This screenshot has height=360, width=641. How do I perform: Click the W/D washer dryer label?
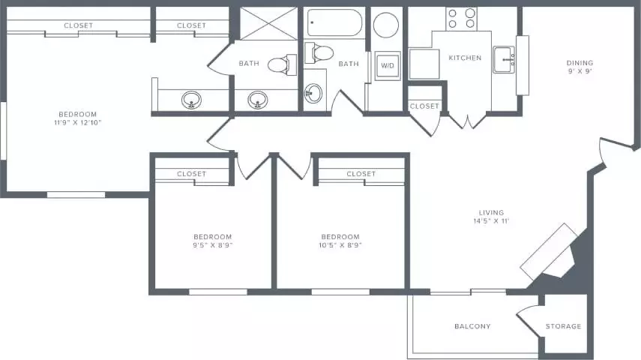pos(388,65)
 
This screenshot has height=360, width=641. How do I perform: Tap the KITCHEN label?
pos(465,58)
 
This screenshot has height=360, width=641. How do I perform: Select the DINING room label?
pos(580,63)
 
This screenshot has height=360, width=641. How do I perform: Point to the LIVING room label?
pos(491,213)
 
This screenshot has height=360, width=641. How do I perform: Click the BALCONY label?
pos(472,326)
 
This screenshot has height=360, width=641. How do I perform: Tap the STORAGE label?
pos(563,326)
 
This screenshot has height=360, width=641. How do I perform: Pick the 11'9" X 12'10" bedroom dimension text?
pos(78,123)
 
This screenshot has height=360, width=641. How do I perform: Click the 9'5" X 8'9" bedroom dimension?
pos(213,245)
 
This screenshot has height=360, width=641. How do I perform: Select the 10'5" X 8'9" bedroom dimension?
pos(340,245)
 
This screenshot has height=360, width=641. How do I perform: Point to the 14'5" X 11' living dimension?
pos(491,221)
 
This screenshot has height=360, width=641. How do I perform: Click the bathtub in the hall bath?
pos(335,23)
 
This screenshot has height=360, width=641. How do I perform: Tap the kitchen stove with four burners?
pos(461,19)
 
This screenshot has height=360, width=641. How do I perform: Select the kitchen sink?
pos(504,60)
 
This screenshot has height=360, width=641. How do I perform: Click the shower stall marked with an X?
pos(268,23)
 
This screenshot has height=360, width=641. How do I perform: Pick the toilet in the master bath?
pos(282,64)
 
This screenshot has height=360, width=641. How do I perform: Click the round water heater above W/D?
pos(386,25)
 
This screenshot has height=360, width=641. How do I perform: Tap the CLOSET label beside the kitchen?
pos(424,106)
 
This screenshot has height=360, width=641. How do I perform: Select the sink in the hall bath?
pos(313,93)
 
